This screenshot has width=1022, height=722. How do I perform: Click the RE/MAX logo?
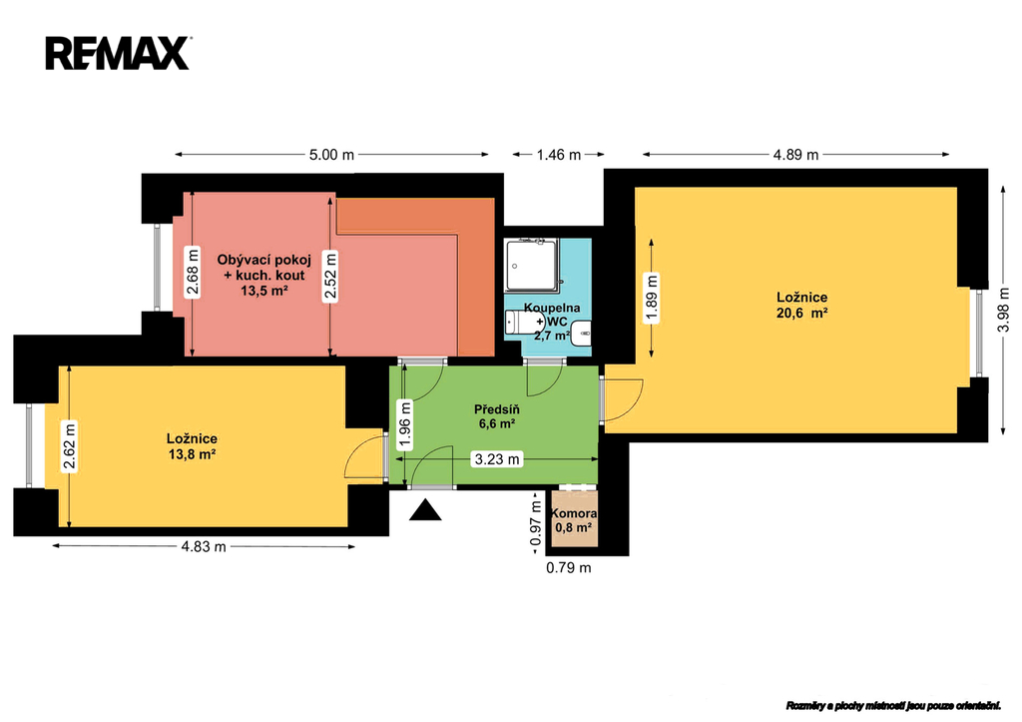click(118, 54)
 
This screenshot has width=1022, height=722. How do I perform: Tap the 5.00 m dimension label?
click(331, 155)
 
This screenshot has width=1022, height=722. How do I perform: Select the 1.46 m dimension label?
click(558, 155)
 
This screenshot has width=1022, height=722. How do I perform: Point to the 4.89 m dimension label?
click(795, 155)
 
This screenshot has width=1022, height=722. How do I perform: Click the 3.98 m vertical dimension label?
click(1003, 310)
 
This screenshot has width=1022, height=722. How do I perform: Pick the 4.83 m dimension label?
click(204, 546)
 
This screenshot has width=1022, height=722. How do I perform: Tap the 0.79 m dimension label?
click(568, 567)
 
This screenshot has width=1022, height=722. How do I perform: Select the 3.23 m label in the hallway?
click(497, 459)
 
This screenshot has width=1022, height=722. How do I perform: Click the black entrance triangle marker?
click(425, 510)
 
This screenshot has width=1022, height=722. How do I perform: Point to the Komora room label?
click(574, 513)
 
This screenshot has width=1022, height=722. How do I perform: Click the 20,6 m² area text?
click(801, 313)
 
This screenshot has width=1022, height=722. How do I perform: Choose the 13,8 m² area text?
click(192, 454)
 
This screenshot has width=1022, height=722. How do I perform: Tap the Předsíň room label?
click(497, 409)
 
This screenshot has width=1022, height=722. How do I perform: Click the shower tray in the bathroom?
click(532, 265)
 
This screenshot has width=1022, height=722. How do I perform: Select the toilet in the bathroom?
click(524, 321)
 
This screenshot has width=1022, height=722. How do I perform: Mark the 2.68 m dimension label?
click(192, 272)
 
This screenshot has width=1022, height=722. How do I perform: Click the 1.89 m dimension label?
click(651, 298)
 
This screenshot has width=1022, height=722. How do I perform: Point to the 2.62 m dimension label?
click(69, 446)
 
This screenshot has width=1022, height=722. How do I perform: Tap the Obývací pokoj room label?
click(263, 259)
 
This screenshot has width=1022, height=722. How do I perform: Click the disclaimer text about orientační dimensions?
click(893, 706)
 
